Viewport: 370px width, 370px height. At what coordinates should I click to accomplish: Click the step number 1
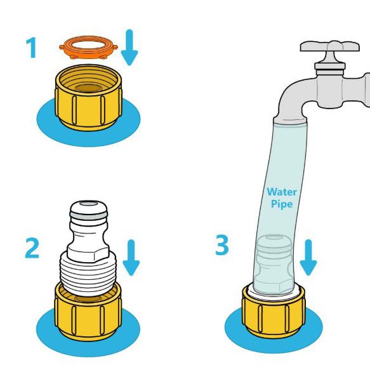coord(31,48)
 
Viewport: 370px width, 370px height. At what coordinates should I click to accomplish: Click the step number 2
coord(32,248)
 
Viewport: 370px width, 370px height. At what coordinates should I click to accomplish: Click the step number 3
coord(222,245)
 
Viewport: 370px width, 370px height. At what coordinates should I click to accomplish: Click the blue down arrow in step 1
coord(129,47)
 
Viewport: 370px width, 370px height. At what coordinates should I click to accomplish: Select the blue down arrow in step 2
coord(131,258)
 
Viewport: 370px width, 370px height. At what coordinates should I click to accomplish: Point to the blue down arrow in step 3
coord(308,258)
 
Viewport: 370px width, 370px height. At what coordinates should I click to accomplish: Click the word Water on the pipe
coord(282,192)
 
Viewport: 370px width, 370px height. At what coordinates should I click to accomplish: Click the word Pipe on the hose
coord(282,204)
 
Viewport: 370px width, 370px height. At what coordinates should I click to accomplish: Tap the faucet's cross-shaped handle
coord(330,46)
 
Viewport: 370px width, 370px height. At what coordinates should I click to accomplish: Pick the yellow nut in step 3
coord(274,312)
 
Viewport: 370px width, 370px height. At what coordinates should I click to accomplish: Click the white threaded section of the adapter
coord(88,274)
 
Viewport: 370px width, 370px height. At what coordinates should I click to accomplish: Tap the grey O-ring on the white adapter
coord(88,216)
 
